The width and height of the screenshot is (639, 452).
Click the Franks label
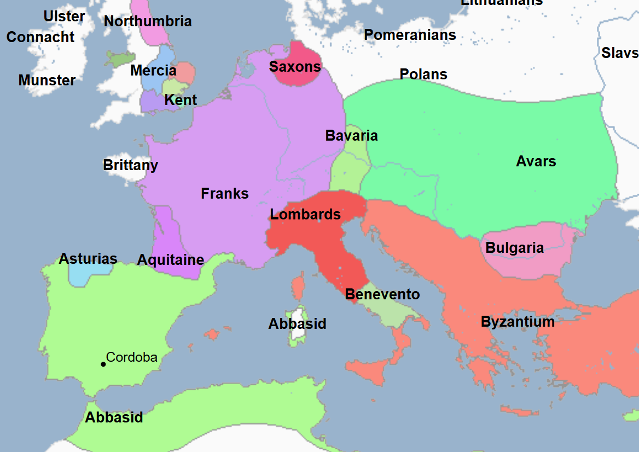coord(225,194)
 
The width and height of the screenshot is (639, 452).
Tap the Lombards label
coord(305,215)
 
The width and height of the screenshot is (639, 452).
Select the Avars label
coord(536,161)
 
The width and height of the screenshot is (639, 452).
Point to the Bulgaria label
coord(514,248)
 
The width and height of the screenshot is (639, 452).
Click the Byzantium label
coord(518,322)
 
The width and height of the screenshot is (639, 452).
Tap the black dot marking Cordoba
coord(103,364)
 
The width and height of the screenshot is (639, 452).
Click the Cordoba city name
coord(132,358)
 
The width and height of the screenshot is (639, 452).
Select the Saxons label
coord(295,67)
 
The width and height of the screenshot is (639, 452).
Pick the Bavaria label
coord(351,136)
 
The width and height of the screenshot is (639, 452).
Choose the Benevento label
coord(382,294)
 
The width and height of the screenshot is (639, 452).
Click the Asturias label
coord(88,258)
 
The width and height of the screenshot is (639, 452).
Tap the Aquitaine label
coord(171,260)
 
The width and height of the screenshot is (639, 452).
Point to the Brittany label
coord(130,165)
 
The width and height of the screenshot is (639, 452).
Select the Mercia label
coord(153,71)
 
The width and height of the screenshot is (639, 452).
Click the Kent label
coord(181,101)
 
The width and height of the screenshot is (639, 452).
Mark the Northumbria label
coord(148,21)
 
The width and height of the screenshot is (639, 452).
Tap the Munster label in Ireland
coord(47,80)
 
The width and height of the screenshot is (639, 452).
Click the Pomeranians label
coord(410,35)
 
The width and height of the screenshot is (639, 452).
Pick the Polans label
coord(423,74)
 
